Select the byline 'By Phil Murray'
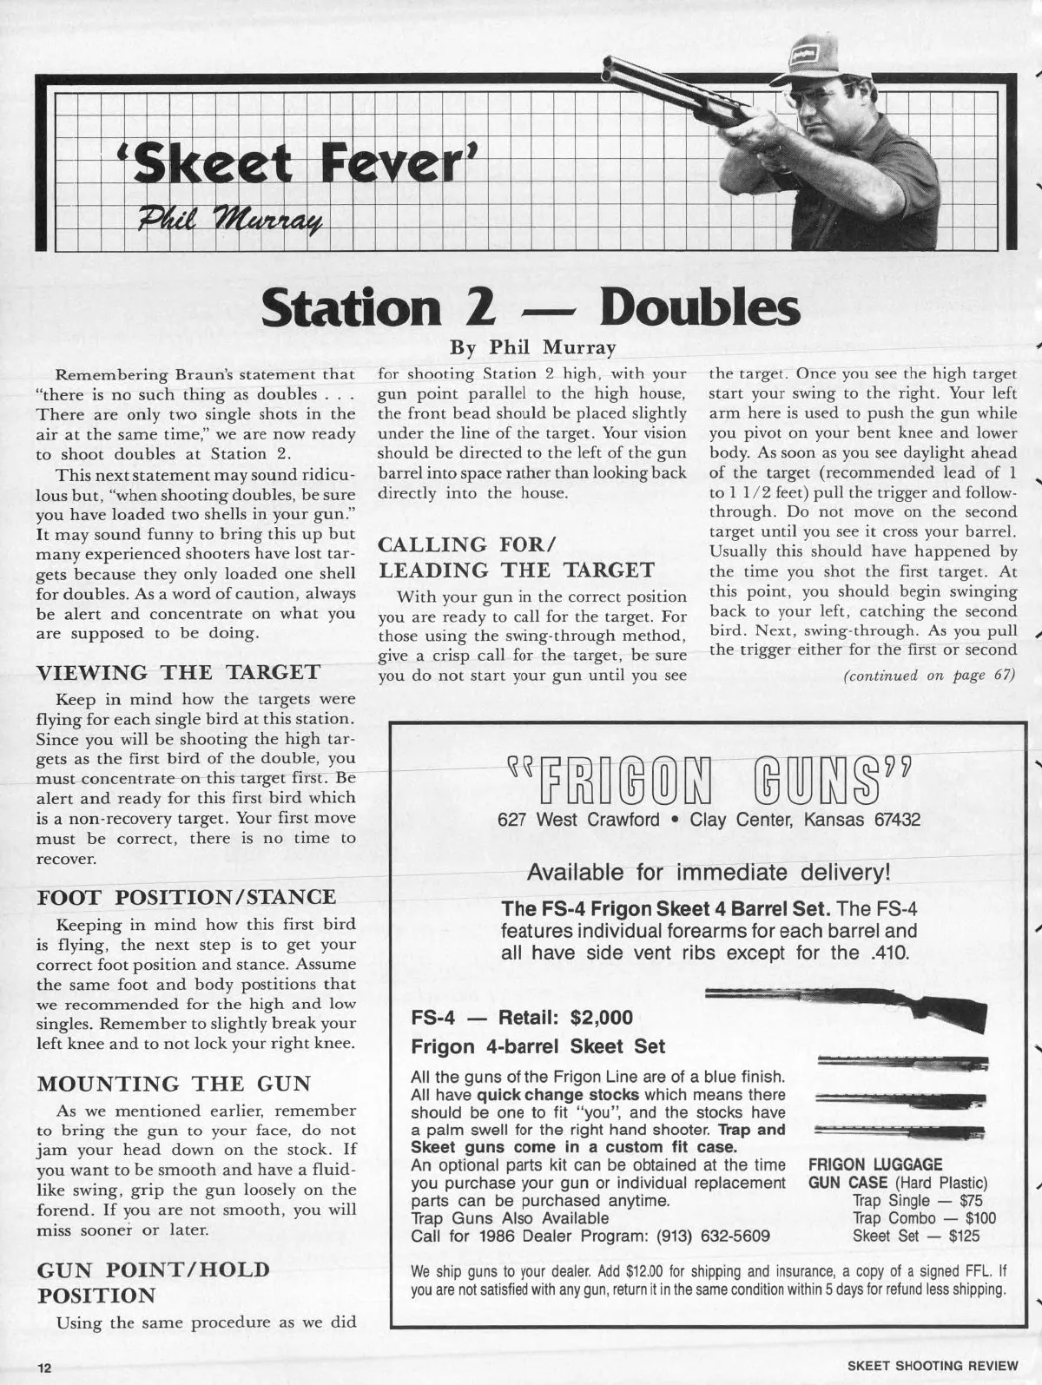[x=532, y=348]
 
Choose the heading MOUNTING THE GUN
[x=173, y=1084]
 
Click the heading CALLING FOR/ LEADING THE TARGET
[x=516, y=557]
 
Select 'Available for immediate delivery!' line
[x=709, y=871]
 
